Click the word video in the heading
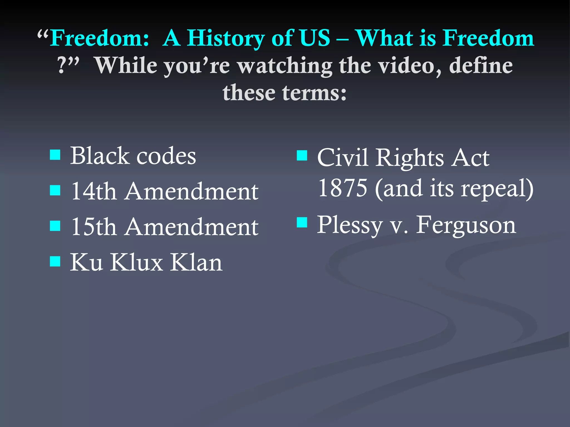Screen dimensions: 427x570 410,66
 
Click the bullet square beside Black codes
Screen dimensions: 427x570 55,155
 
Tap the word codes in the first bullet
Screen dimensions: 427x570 166,156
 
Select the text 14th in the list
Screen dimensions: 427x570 94,192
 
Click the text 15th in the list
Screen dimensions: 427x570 94,227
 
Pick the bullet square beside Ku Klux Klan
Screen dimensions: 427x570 55,261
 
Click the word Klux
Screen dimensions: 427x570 136,262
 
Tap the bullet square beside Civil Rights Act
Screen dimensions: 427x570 302,156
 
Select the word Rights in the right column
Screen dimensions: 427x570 409,158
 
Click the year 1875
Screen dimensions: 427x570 343,188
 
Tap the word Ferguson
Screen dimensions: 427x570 466,225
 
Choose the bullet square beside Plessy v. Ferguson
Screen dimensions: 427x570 302,222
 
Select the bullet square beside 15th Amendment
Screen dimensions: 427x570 55,226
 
